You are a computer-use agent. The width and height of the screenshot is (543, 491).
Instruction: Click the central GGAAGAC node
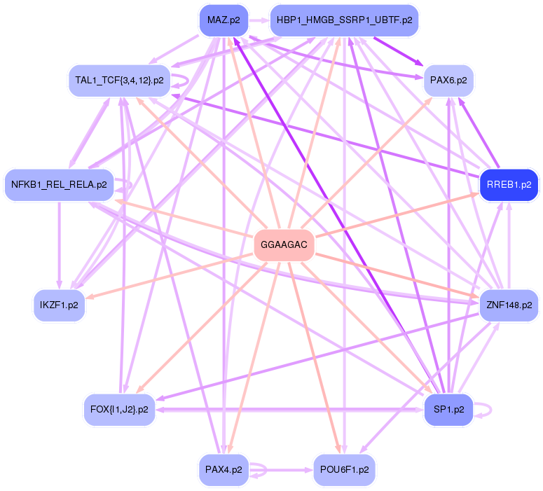tap(283, 245)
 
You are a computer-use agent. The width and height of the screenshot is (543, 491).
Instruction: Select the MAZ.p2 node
tap(224, 20)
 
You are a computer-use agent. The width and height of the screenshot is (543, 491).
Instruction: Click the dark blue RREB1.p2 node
tap(508, 185)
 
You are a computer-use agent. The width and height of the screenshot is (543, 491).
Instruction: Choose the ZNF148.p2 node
tap(509, 305)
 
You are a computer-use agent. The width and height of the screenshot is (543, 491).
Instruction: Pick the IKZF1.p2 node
tap(60, 305)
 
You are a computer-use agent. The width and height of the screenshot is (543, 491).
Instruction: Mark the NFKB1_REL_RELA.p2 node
tap(60, 185)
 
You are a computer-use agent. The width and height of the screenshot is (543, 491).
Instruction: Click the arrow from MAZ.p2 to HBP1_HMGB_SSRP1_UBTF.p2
tap(259, 20)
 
